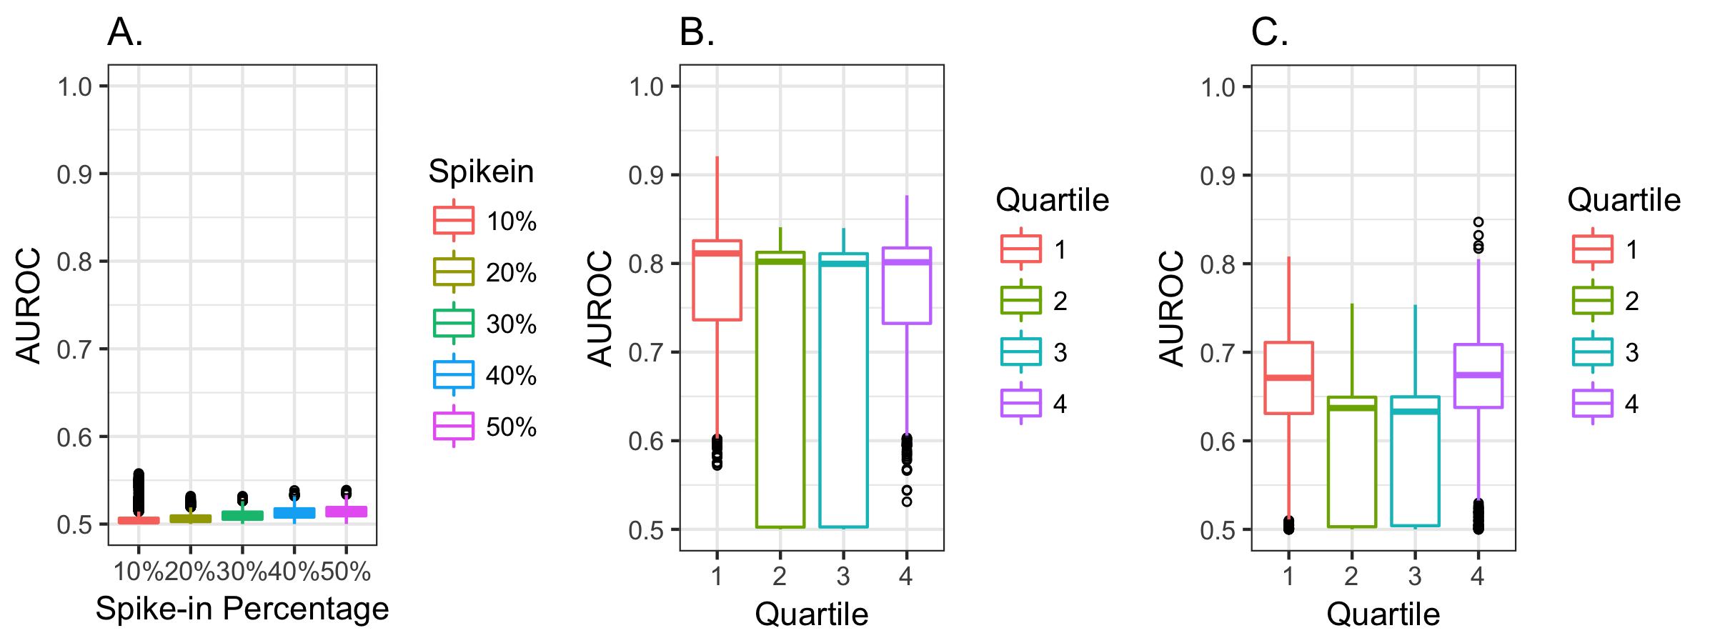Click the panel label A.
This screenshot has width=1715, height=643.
tap(125, 33)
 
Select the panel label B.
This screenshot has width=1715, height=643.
tap(697, 33)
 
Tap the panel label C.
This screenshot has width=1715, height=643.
tap(1270, 33)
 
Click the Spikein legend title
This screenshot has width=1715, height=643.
tap(481, 171)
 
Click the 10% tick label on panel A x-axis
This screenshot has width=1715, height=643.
tap(139, 572)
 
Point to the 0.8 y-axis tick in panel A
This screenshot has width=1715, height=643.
tap(74, 261)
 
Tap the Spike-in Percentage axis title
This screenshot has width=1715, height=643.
tap(242, 609)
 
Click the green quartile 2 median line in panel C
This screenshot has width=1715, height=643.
tap(1352, 408)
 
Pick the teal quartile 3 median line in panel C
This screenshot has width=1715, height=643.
tap(1415, 412)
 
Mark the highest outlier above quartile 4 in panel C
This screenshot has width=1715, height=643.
tap(1478, 222)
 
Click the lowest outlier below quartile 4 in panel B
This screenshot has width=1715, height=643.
tap(907, 502)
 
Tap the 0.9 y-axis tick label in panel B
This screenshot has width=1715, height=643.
tap(646, 175)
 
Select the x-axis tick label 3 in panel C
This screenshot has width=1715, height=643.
tap(1415, 576)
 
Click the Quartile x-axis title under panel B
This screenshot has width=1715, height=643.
tap(812, 614)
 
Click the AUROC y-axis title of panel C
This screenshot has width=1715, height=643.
tap(1172, 308)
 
